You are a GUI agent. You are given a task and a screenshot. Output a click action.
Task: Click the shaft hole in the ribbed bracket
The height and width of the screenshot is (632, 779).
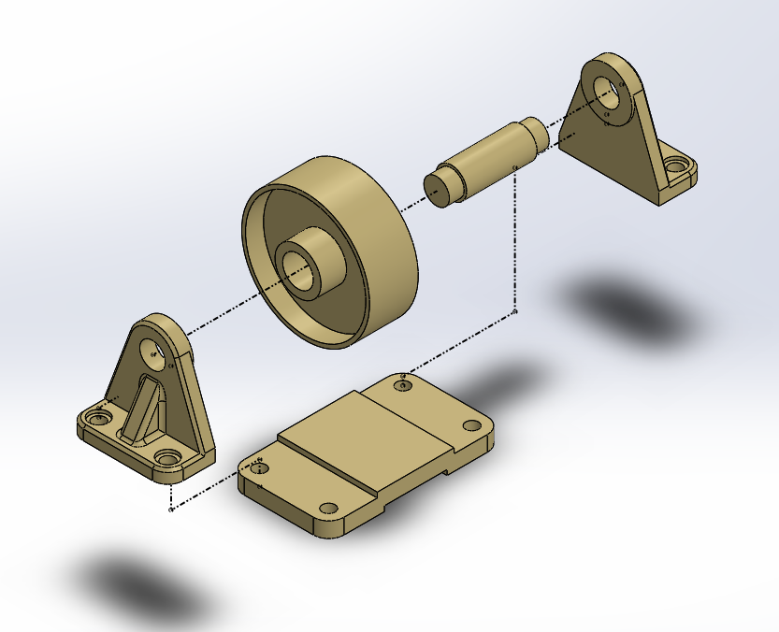152,351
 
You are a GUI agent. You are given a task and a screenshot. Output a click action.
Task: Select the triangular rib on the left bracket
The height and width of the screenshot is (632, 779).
140,411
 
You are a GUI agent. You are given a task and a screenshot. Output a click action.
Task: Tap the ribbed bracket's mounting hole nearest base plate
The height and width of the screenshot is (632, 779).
168,457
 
